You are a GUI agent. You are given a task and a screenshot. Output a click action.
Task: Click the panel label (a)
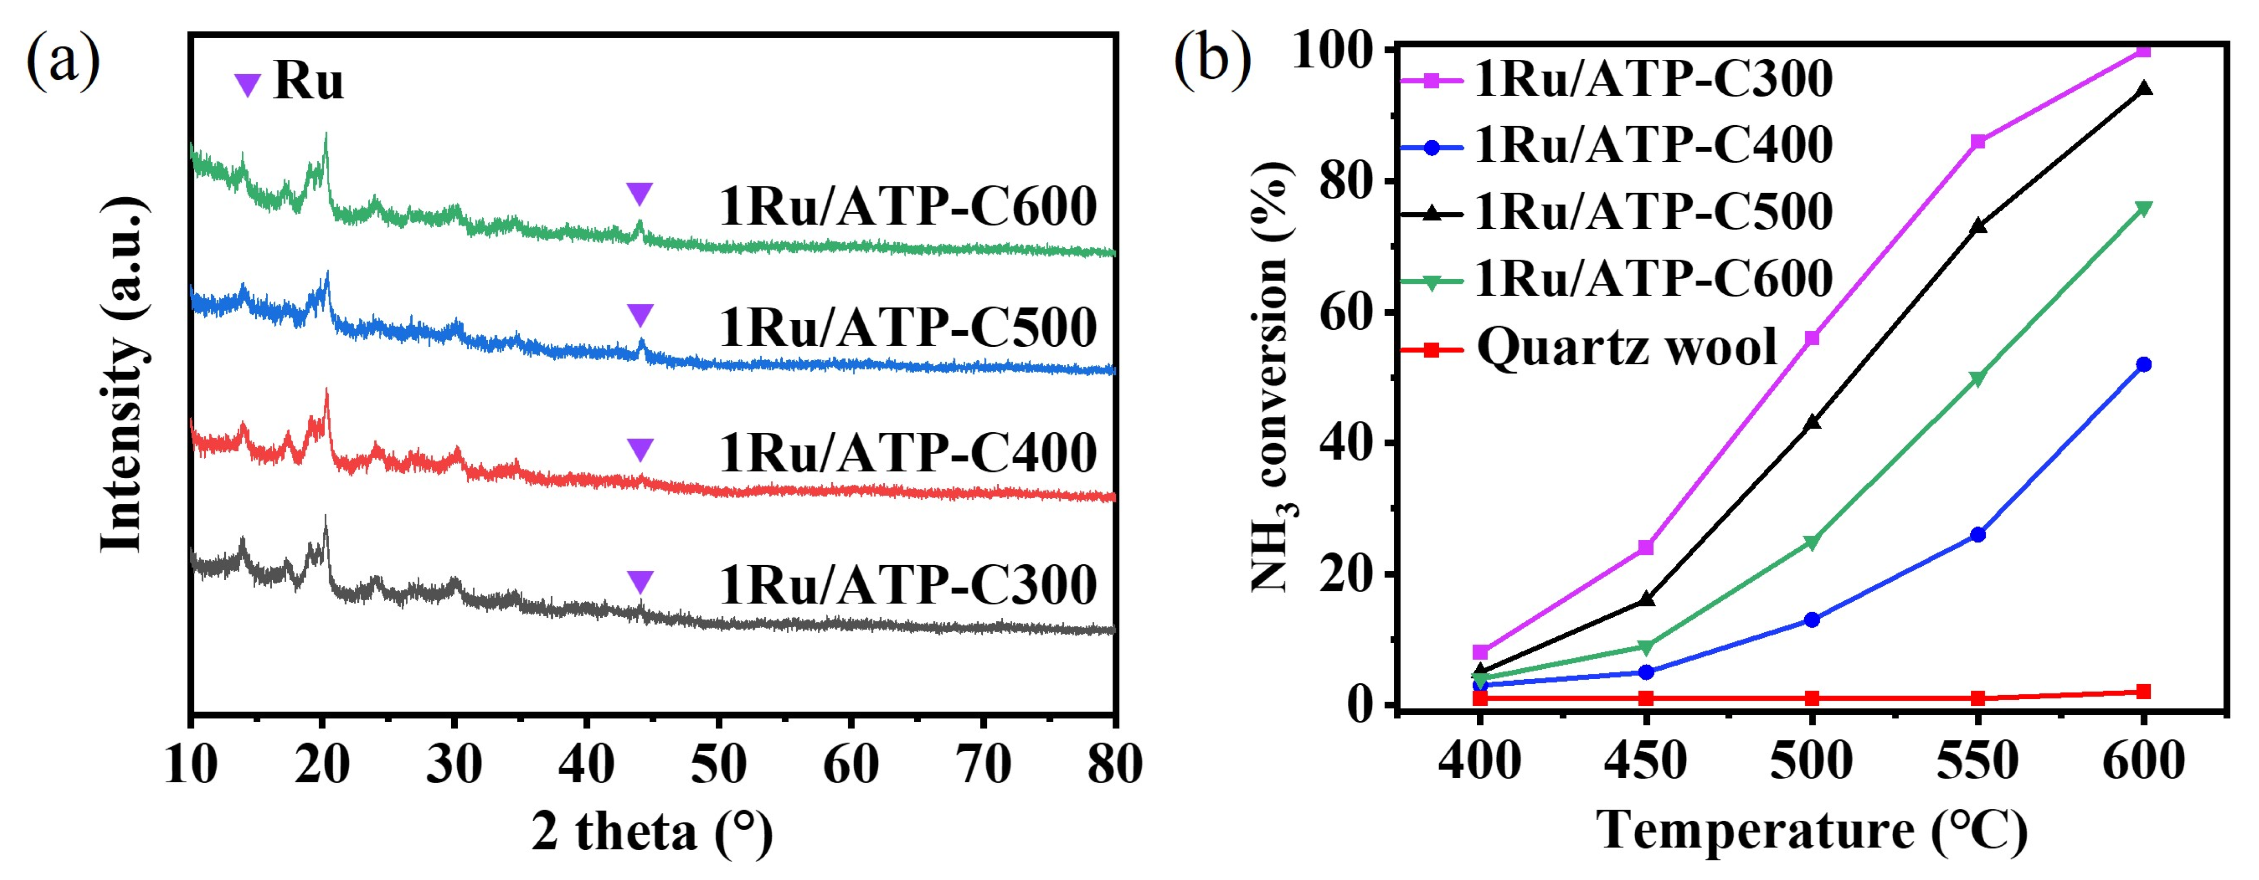(x=63, y=63)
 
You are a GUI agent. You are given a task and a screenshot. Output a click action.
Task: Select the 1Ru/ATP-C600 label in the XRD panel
(x=908, y=207)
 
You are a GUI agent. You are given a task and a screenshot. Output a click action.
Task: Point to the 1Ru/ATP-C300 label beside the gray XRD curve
(x=908, y=585)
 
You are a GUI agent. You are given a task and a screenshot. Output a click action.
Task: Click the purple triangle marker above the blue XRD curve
(x=640, y=315)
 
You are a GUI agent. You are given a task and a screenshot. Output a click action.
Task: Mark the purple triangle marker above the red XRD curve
(x=640, y=450)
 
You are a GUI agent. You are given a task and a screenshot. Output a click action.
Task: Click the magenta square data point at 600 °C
(x=2143, y=50)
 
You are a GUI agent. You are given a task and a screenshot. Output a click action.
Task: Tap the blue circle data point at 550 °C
(x=1977, y=535)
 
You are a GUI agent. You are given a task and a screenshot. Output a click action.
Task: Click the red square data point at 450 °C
(x=1646, y=699)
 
